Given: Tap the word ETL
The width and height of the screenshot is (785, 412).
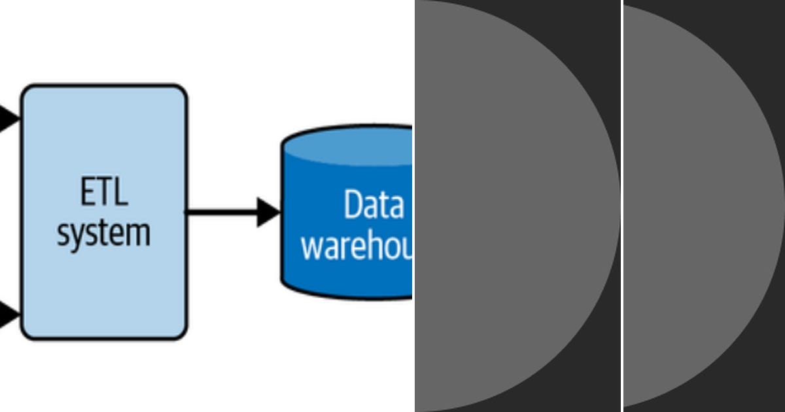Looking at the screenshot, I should (104, 193).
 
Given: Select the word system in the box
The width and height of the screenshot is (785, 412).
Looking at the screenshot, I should (103, 233).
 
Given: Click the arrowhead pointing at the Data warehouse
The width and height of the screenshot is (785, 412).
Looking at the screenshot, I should (268, 212).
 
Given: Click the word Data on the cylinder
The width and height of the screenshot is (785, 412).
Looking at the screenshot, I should (374, 205).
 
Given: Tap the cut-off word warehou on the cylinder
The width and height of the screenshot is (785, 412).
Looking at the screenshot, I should (357, 248).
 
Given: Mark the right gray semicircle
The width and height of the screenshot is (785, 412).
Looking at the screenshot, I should (693, 206).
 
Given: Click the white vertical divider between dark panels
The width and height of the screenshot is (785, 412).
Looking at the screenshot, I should (621, 206).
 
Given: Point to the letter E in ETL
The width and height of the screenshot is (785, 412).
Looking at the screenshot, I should (88, 193).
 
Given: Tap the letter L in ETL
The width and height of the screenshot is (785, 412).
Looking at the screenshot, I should (120, 193).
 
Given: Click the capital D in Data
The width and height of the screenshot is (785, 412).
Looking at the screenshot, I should (353, 205).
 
